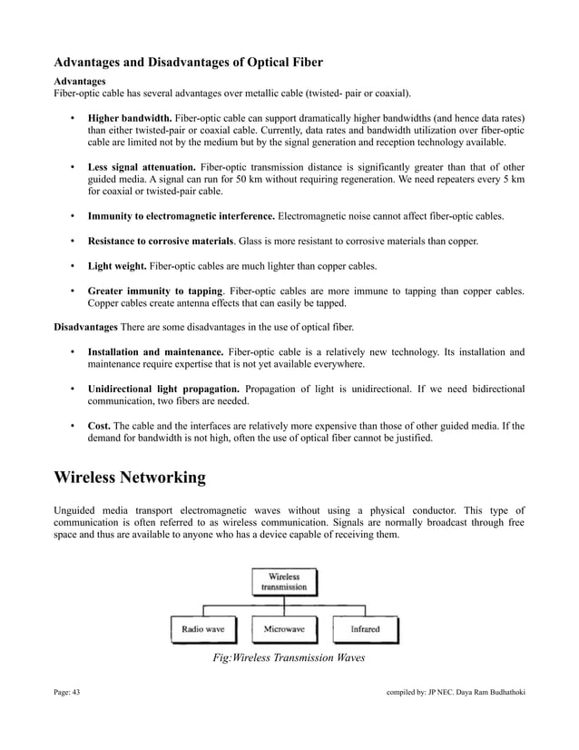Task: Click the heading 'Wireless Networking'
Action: pyautogui.click(x=130, y=478)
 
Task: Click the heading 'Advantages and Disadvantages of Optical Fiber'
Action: pyautogui.click(x=189, y=63)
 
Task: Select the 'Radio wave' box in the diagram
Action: pyautogui.click(x=203, y=628)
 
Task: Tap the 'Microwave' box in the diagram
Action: pyautogui.click(x=284, y=628)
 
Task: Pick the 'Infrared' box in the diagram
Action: pyautogui.click(x=365, y=628)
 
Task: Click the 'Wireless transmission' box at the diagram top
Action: pyautogui.click(x=284, y=581)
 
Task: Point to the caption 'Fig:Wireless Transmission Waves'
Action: pyautogui.click(x=288, y=657)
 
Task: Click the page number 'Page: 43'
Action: pyautogui.click(x=67, y=695)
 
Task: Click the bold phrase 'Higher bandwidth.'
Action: pyautogui.click(x=129, y=119)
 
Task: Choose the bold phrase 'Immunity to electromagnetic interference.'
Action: pyautogui.click(x=181, y=217)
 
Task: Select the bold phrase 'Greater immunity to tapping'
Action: pyautogui.click(x=154, y=291)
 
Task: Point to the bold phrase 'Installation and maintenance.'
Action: pyautogui.click(x=155, y=351)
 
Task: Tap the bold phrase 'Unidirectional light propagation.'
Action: pyautogui.click(x=165, y=389)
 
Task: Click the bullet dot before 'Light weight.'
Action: pyautogui.click(x=72, y=266)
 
